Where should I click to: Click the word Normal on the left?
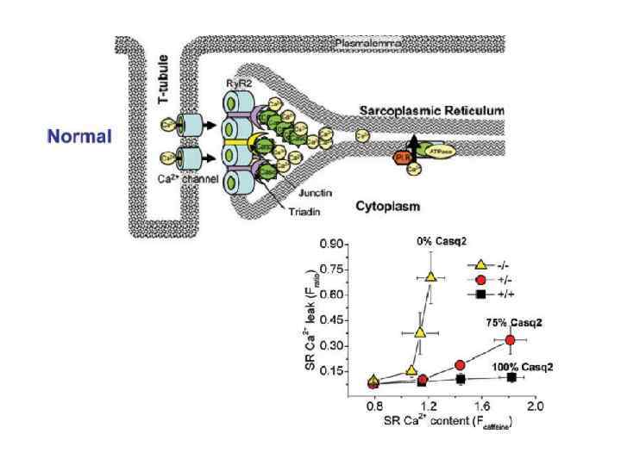click(79, 137)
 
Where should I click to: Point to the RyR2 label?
click(239, 84)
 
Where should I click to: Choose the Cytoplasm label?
click(386, 207)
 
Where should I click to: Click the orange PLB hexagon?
click(401, 158)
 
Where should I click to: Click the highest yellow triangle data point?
click(431, 277)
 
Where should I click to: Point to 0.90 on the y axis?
click(329, 244)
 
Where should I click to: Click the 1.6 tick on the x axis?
click(481, 405)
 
